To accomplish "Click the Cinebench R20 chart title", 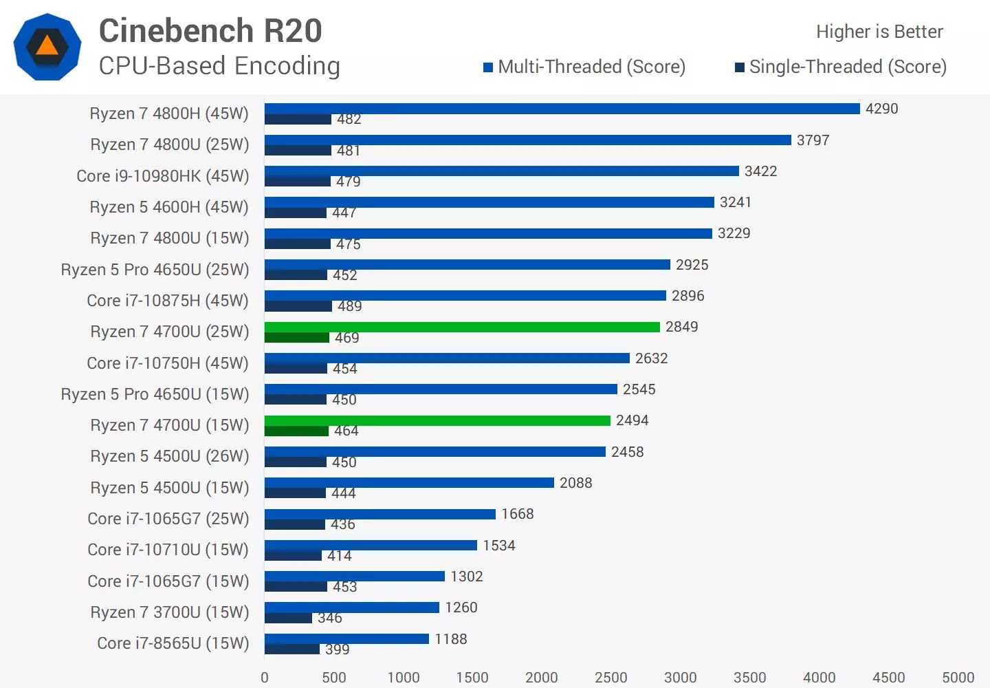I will [x=210, y=31].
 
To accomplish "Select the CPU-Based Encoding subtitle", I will [x=219, y=66].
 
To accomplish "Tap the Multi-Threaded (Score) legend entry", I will [x=584, y=67].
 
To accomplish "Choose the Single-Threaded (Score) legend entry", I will [x=841, y=67].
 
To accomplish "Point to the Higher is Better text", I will [x=879, y=32].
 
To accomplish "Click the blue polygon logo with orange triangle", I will [x=47, y=47].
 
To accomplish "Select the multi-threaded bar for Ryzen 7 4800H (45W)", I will [x=562, y=109].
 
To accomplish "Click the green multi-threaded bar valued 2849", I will [x=462, y=327].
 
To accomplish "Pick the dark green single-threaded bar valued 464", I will [x=296, y=431].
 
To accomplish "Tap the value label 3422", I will [x=760, y=171].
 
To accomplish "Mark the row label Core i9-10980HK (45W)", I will [x=163, y=176].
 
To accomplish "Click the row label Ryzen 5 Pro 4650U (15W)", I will [x=155, y=394].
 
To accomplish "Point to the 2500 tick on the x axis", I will [x=610, y=678].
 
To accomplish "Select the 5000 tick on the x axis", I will [x=958, y=678].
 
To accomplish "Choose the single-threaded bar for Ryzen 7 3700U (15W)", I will [x=288, y=618].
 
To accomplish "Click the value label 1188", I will [x=450, y=639].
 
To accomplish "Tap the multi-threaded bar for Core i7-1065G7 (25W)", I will [x=379, y=514].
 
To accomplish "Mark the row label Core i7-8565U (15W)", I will [x=173, y=643].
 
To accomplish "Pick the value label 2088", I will [x=575, y=483].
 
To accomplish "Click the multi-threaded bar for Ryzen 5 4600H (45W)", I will [x=489, y=202].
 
